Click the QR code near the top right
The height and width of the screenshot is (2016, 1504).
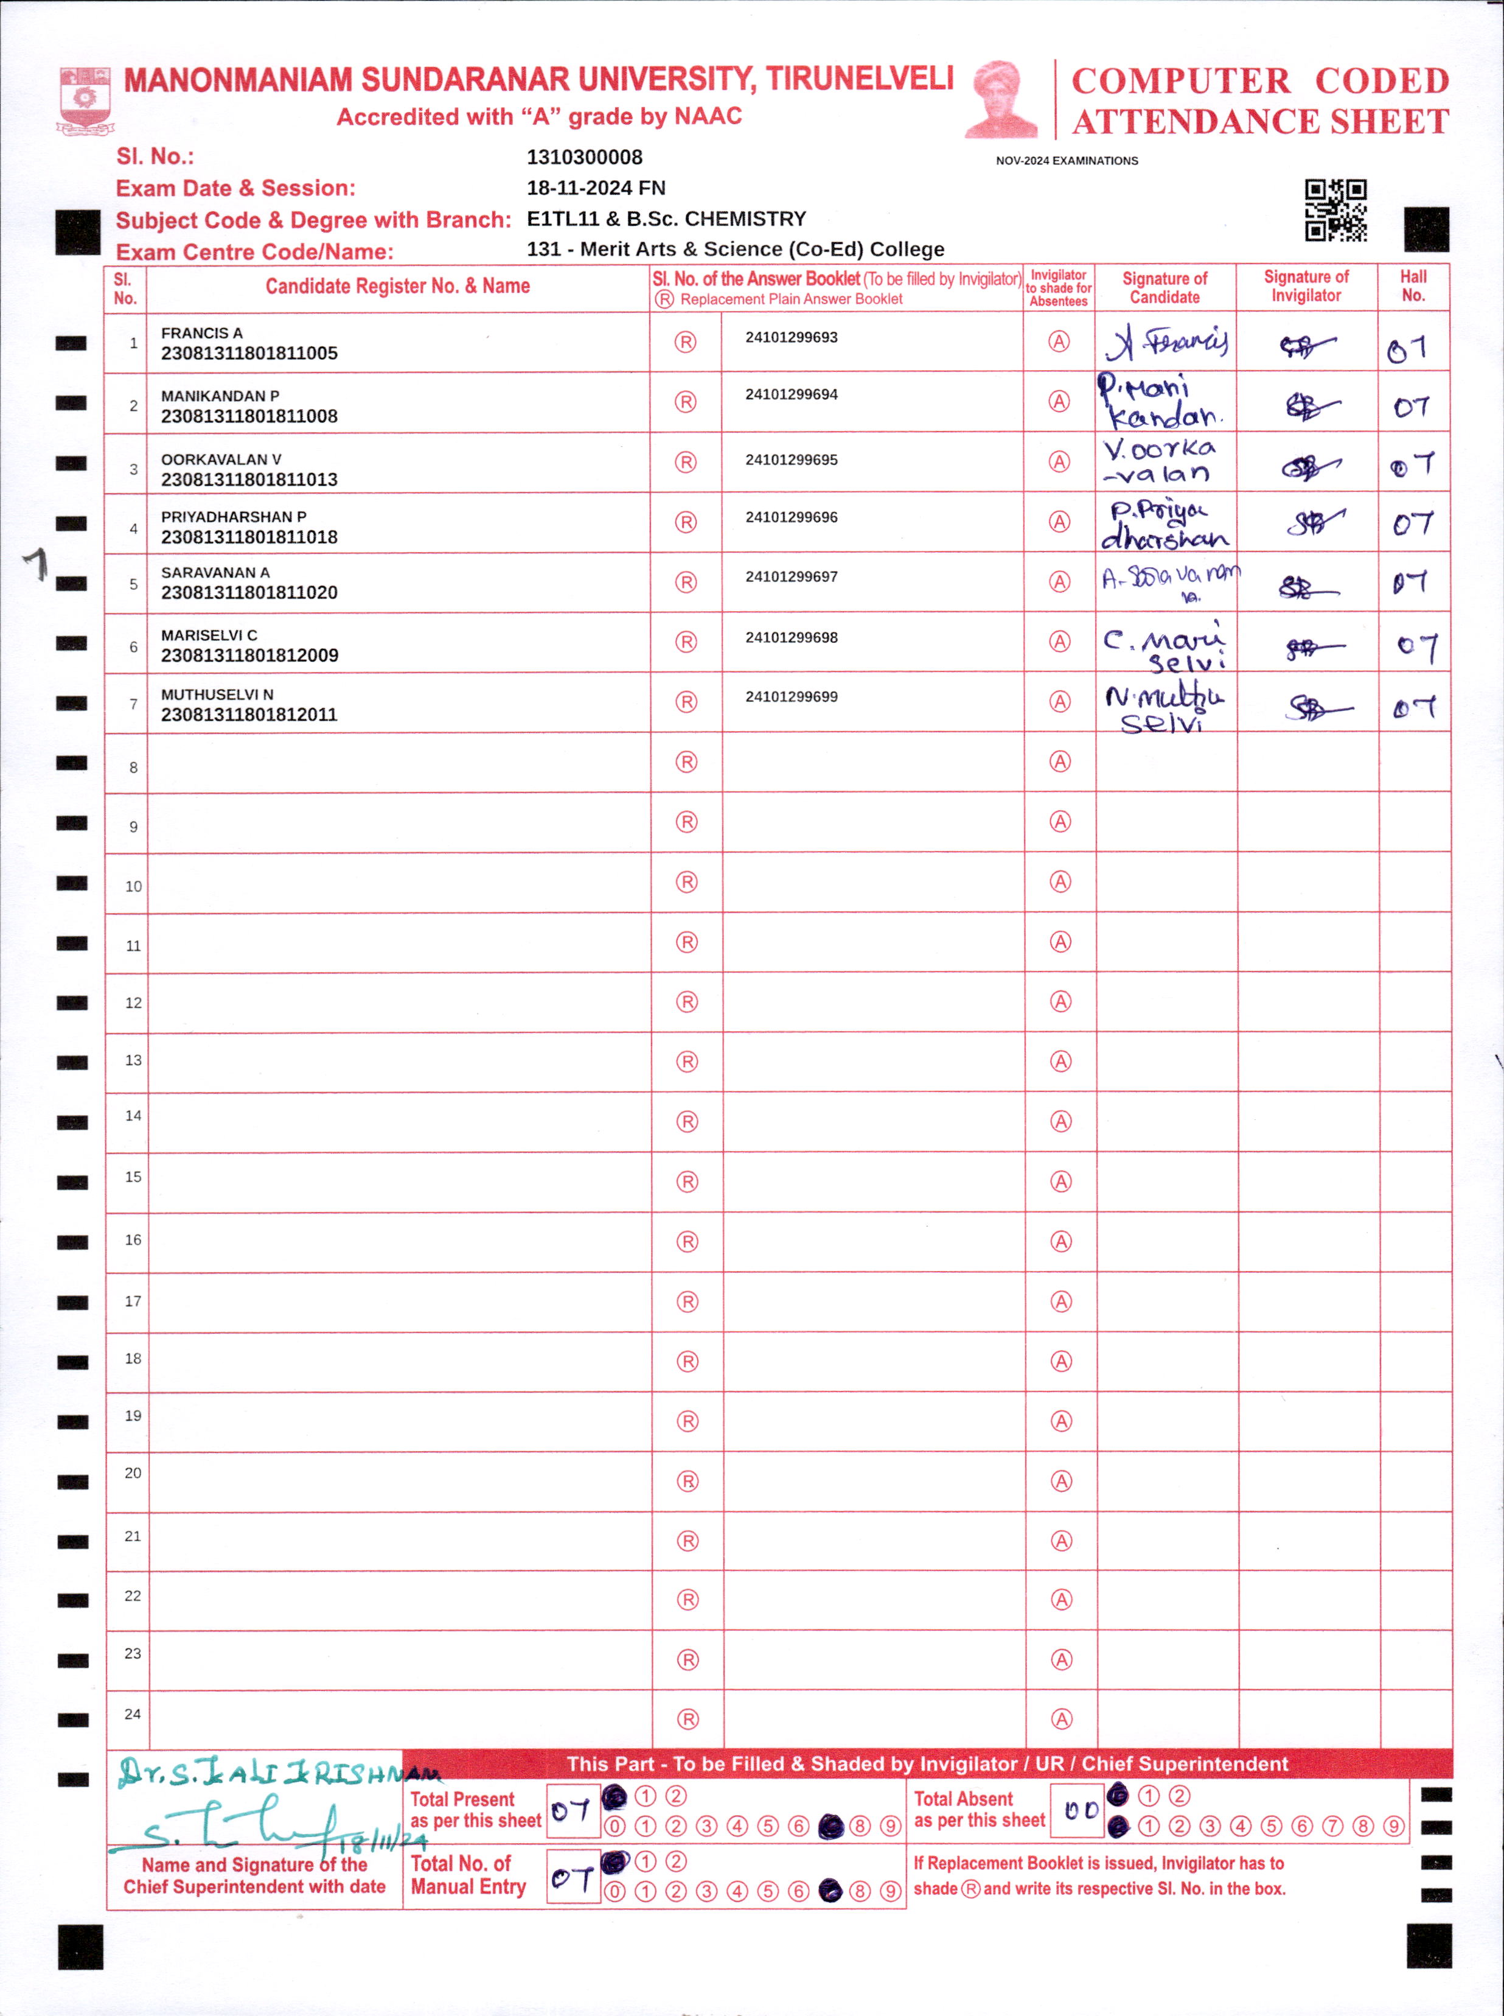coord(1335,211)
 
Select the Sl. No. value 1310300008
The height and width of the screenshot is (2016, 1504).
coord(585,158)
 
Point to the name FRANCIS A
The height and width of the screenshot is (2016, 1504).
coord(202,334)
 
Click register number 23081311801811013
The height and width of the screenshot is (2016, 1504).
coord(249,480)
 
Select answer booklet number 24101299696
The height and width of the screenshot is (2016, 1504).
coord(791,517)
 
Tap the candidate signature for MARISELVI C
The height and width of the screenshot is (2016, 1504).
coord(1165,645)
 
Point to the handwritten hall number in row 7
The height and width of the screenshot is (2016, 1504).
coord(1414,707)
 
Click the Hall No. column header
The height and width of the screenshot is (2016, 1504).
coord(1413,286)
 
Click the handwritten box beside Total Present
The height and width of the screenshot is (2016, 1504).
coord(573,1811)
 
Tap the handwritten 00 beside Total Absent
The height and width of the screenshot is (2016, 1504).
coord(1080,1811)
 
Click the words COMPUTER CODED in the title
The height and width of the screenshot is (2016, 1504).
coord(1260,81)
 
